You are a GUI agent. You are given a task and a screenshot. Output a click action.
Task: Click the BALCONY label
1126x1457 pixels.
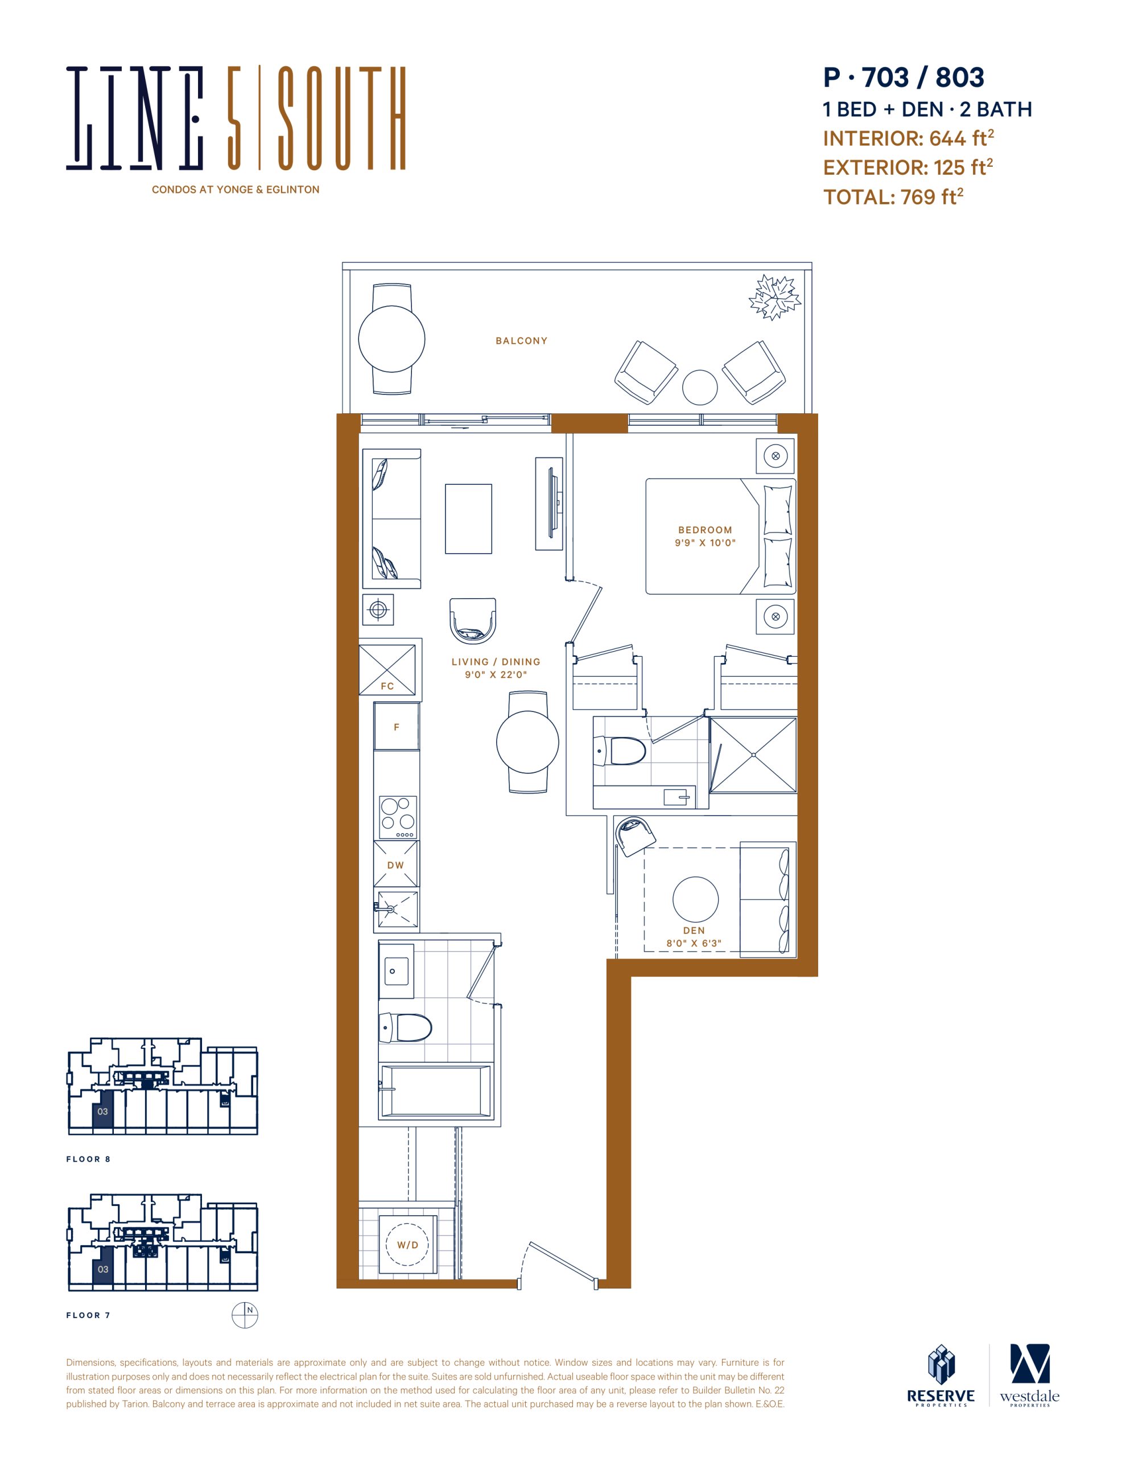(x=521, y=341)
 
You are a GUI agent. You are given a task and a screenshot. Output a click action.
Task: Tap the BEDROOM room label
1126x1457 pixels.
(x=705, y=530)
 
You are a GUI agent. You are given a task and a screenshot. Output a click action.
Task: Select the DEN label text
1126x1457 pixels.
(x=694, y=930)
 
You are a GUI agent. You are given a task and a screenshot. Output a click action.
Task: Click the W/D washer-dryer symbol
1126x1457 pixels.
(x=407, y=1245)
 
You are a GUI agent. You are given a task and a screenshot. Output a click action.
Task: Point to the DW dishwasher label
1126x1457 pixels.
(x=395, y=865)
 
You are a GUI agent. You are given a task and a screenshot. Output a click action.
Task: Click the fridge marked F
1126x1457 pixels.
(x=396, y=726)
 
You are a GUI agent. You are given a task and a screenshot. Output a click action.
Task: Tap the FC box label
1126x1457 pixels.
(x=387, y=686)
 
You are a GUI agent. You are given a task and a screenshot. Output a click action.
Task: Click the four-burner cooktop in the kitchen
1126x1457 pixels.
(x=398, y=817)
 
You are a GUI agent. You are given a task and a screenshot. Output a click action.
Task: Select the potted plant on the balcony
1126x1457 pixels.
(x=774, y=297)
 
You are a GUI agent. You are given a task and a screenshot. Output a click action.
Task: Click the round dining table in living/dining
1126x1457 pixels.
(x=527, y=742)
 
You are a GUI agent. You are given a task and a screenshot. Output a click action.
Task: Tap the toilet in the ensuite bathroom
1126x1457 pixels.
(x=620, y=751)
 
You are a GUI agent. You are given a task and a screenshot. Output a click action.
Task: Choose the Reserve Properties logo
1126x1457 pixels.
(x=941, y=1376)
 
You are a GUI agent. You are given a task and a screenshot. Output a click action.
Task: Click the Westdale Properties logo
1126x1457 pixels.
(x=1029, y=1376)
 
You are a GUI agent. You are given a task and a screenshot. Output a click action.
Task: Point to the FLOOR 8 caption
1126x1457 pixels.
(x=88, y=1159)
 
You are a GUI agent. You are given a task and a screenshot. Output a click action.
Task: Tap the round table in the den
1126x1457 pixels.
(x=696, y=899)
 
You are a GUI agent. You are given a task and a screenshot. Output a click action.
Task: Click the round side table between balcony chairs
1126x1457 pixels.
(x=700, y=387)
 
